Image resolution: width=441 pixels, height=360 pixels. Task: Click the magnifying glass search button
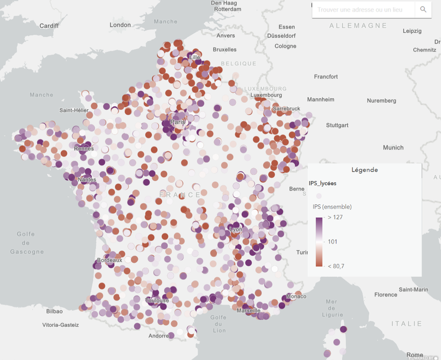pyautogui.click(x=423, y=9)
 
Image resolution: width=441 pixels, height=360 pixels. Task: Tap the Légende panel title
pyautogui.click(x=364, y=170)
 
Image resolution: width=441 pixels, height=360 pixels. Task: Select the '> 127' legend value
pyautogui.click(x=336, y=218)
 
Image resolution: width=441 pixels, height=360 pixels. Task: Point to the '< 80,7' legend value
pyautogui.click(x=336, y=266)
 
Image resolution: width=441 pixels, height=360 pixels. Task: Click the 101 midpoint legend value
pyautogui.click(x=333, y=241)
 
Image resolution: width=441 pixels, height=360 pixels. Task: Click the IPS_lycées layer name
pyautogui.click(x=322, y=183)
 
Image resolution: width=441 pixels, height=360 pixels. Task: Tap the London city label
pyautogui.click(x=120, y=25)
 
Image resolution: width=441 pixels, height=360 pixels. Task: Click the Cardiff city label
pyautogui.click(x=49, y=26)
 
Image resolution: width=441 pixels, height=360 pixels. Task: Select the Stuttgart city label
pyautogui.click(x=337, y=125)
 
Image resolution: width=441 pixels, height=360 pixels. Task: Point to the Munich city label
pyautogui.click(x=393, y=147)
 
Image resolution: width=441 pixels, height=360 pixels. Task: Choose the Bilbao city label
pyautogui.click(x=54, y=311)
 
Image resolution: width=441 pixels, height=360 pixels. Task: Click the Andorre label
pyautogui.click(x=159, y=336)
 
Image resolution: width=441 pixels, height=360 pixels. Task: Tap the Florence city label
pyautogui.click(x=385, y=295)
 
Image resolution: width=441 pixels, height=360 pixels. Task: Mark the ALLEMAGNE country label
pyautogui.click(x=358, y=26)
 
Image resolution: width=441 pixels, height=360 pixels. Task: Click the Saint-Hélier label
pyautogui.click(x=74, y=110)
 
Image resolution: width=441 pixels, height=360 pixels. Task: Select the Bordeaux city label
pyautogui.click(x=109, y=260)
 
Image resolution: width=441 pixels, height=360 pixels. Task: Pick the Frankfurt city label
pyautogui.click(x=326, y=77)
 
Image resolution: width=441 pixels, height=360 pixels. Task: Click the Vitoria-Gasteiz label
pyautogui.click(x=61, y=325)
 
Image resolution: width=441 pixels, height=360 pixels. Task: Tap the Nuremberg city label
pyautogui.click(x=381, y=100)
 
